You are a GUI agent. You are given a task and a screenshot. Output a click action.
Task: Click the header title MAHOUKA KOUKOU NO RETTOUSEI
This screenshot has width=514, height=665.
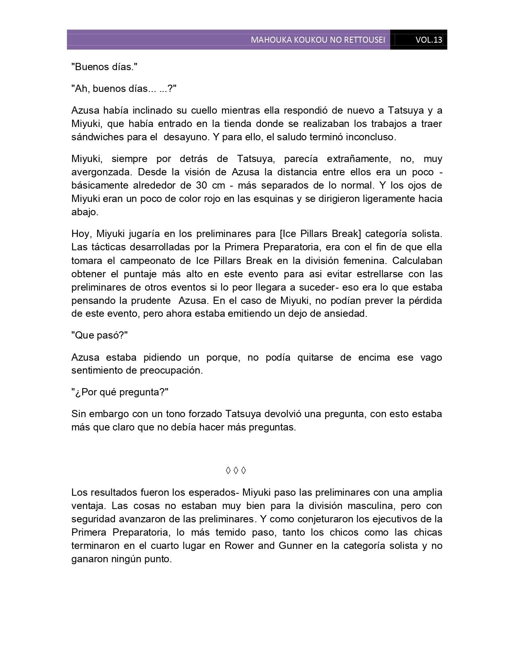(x=318, y=40)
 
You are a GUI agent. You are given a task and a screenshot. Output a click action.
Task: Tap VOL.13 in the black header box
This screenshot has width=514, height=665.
(x=429, y=40)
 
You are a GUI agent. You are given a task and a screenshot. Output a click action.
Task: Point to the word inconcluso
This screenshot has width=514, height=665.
(x=371, y=137)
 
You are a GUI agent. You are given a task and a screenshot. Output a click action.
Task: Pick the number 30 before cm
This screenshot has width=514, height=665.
(x=202, y=185)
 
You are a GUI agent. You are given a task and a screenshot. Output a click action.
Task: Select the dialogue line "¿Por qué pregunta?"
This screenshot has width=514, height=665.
(x=120, y=392)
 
